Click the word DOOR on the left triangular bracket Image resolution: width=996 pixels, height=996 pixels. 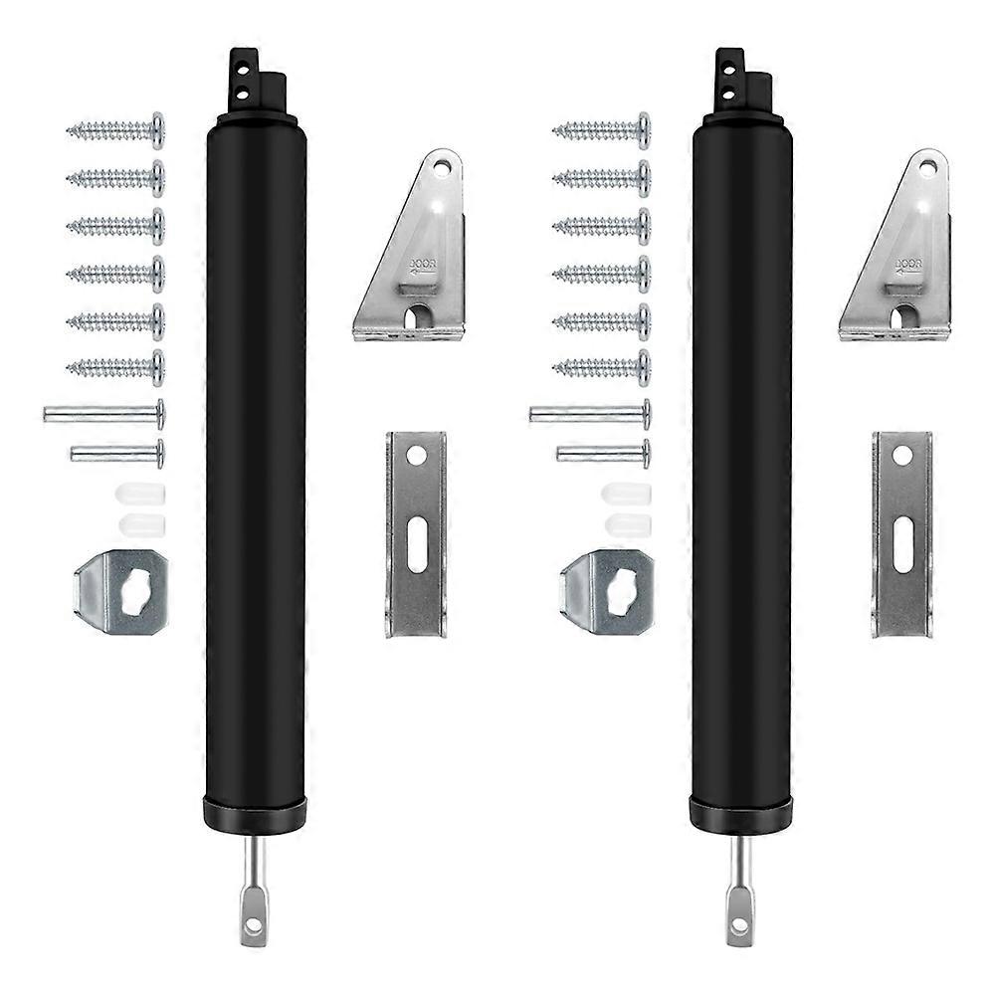(x=419, y=266)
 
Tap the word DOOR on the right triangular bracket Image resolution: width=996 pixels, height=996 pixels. (x=905, y=265)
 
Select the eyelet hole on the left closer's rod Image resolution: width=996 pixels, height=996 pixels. (x=253, y=925)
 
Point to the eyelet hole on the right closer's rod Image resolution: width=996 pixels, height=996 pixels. (x=739, y=925)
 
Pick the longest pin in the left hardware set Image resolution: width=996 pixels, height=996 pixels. (x=103, y=412)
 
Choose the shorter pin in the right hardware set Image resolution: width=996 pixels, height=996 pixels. (x=604, y=454)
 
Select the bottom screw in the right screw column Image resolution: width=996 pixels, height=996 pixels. (x=602, y=368)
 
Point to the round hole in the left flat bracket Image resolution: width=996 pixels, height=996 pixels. (x=416, y=456)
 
